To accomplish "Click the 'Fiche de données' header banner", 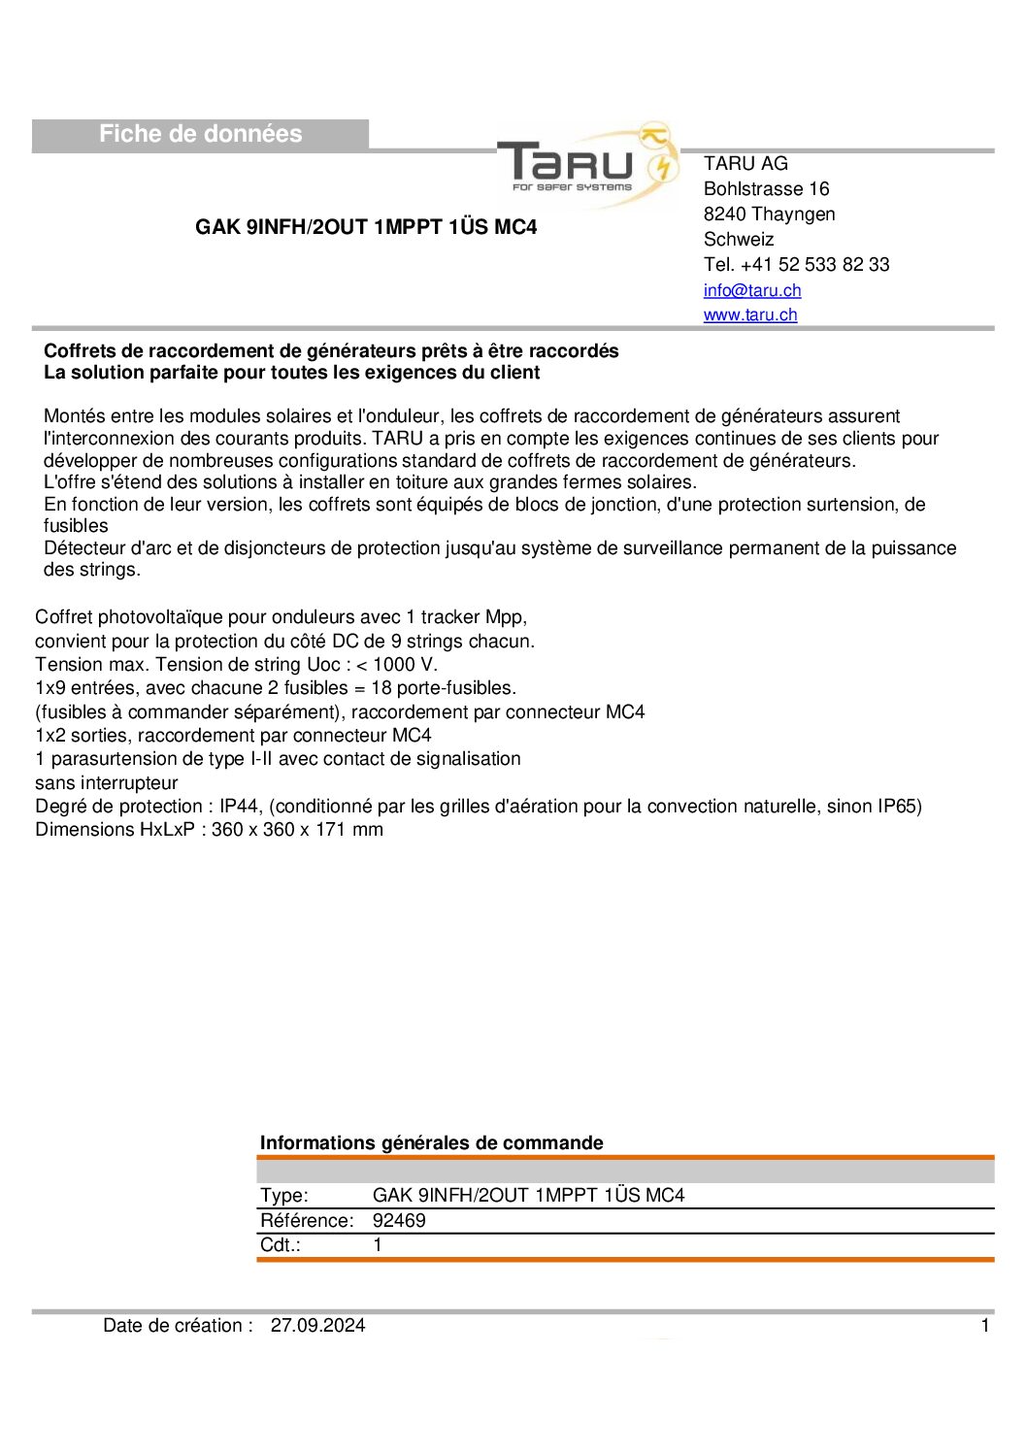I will click(x=200, y=135).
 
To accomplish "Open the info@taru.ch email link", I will click(x=752, y=290).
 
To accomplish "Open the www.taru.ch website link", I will click(x=750, y=314).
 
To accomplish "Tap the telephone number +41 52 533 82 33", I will click(x=814, y=265).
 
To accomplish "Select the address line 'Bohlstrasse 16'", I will click(x=766, y=189).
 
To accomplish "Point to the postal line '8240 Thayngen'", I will click(x=769, y=215).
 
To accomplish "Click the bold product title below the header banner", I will click(x=366, y=227).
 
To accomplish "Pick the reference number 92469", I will click(x=399, y=1221).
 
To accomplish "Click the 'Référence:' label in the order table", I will click(x=307, y=1221).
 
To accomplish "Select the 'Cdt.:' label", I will click(x=281, y=1245).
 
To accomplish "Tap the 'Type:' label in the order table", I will click(x=284, y=1196).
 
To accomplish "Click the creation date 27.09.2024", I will click(x=317, y=1326).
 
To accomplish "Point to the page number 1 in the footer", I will click(x=985, y=1326).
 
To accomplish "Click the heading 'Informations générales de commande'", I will click(x=431, y=1143).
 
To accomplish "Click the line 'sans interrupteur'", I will click(x=107, y=783).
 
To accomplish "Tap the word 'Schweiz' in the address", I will click(x=739, y=240).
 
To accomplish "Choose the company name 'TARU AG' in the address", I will click(x=745, y=164).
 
